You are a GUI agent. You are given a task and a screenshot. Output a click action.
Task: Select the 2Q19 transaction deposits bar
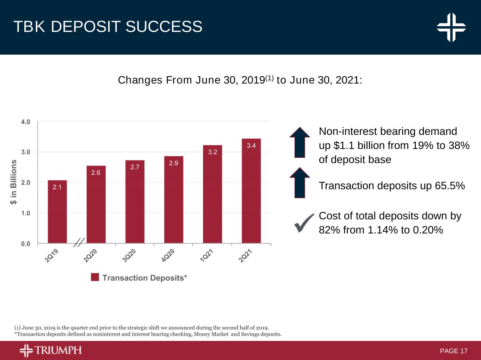pyautogui.click(x=57, y=212)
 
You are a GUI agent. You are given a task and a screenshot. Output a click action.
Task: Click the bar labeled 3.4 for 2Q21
pyautogui.click(x=251, y=191)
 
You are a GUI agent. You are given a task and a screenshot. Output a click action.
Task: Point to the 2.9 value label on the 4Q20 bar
pyautogui.click(x=173, y=163)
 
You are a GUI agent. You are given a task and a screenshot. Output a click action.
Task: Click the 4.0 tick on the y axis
pyautogui.click(x=26, y=122)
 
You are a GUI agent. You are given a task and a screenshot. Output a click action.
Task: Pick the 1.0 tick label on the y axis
pyautogui.click(x=26, y=213)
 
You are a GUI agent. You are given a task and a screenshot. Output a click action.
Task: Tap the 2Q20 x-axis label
pyautogui.click(x=90, y=255)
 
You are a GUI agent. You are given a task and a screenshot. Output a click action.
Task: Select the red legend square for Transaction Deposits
pyautogui.click(x=95, y=277)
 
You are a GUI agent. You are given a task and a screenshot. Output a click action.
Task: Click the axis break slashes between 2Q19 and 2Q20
pyautogui.click(x=79, y=242)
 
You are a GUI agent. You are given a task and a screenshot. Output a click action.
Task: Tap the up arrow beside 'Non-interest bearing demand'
pyautogui.click(x=300, y=142)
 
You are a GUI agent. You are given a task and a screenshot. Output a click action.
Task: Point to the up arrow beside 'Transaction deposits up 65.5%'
pyautogui.click(x=300, y=182)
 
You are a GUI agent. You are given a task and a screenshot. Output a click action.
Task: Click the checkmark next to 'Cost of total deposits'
pyautogui.click(x=304, y=223)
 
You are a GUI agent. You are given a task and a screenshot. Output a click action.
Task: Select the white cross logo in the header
pyautogui.click(x=451, y=27)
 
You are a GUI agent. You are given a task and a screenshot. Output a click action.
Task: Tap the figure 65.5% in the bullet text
pyautogui.click(x=450, y=186)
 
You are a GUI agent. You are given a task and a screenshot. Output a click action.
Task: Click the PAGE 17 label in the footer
pyautogui.click(x=454, y=351)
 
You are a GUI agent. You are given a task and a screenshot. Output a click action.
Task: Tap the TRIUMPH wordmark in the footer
pyautogui.click(x=58, y=350)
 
